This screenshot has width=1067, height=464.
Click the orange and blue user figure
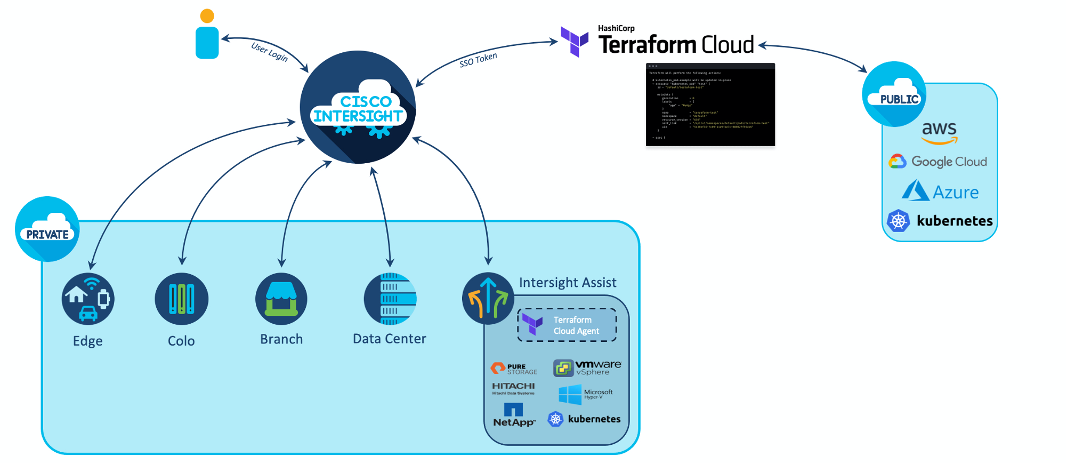207,34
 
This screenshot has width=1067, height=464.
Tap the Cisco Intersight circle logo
358,107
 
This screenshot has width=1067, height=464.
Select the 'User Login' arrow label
269,52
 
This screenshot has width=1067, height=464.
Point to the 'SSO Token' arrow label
478,60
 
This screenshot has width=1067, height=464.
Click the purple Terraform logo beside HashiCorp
575,41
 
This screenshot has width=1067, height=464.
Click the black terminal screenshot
710,105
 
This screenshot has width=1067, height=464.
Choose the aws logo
939,132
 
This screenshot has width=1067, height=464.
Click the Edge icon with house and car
88,299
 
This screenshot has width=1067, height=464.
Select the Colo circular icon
181,299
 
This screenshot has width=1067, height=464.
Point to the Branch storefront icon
281,299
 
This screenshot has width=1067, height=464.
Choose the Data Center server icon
390,299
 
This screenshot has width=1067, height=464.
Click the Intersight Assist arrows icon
488,299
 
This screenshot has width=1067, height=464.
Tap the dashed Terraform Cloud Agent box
567,325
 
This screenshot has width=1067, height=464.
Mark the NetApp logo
514,415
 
